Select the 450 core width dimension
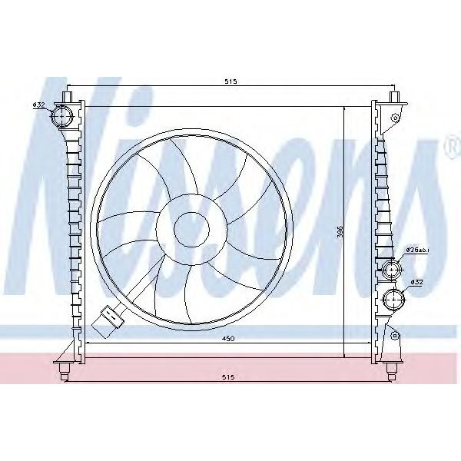(228, 338)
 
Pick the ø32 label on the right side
(417, 282)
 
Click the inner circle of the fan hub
(191, 227)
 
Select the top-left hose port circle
(61, 118)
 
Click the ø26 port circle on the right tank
(392, 270)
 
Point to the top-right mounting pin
(396, 97)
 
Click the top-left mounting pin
(68, 97)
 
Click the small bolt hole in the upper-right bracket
(395, 118)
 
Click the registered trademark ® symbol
(449, 147)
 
